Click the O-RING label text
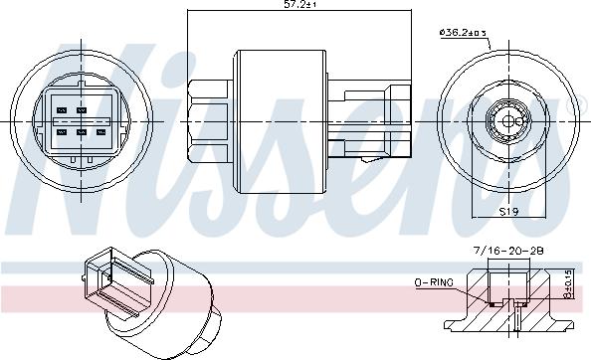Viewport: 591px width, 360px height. click(x=434, y=283)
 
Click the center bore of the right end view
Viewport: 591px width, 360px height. click(x=507, y=121)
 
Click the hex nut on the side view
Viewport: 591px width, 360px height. click(x=213, y=115)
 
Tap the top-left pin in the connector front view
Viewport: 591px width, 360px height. click(x=62, y=109)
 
